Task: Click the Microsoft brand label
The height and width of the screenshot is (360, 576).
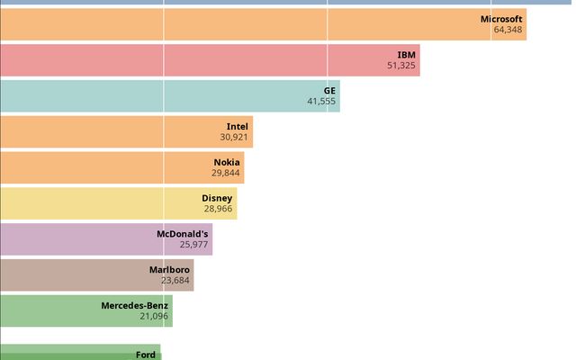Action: pyautogui.click(x=501, y=19)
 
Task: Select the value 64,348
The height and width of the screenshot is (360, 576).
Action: pyautogui.click(x=508, y=30)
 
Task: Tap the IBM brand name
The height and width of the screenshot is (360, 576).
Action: pyautogui.click(x=406, y=55)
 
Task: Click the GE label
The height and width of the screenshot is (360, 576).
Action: pyautogui.click(x=329, y=91)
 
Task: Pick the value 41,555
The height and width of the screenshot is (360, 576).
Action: pyautogui.click(x=321, y=102)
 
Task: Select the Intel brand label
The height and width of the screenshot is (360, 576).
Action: pyautogui.click(x=237, y=127)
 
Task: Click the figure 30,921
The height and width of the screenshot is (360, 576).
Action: pyautogui.click(x=234, y=138)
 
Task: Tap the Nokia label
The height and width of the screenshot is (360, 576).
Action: pyautogui.click(x=227, y=163)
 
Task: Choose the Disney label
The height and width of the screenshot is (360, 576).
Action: pyautogui.click(x=217, y=198)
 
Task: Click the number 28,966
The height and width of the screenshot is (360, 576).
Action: pyautogui.click(x=218, y=209)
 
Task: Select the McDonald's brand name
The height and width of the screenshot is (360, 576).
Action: pyautogui.click(x=183, y=234)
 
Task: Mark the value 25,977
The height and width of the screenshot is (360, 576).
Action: pyautogui.click(x=193, y=245)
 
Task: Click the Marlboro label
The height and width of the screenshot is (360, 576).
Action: pyautogui.click(x=169, y=269)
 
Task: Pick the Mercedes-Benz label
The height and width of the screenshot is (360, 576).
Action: pyautogui.click(x=134, y=305)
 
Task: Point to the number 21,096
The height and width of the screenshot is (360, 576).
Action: pyautogui.click(x=154, y=317)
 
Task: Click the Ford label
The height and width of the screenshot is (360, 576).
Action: pyautogui.click(x=146, y=355)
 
